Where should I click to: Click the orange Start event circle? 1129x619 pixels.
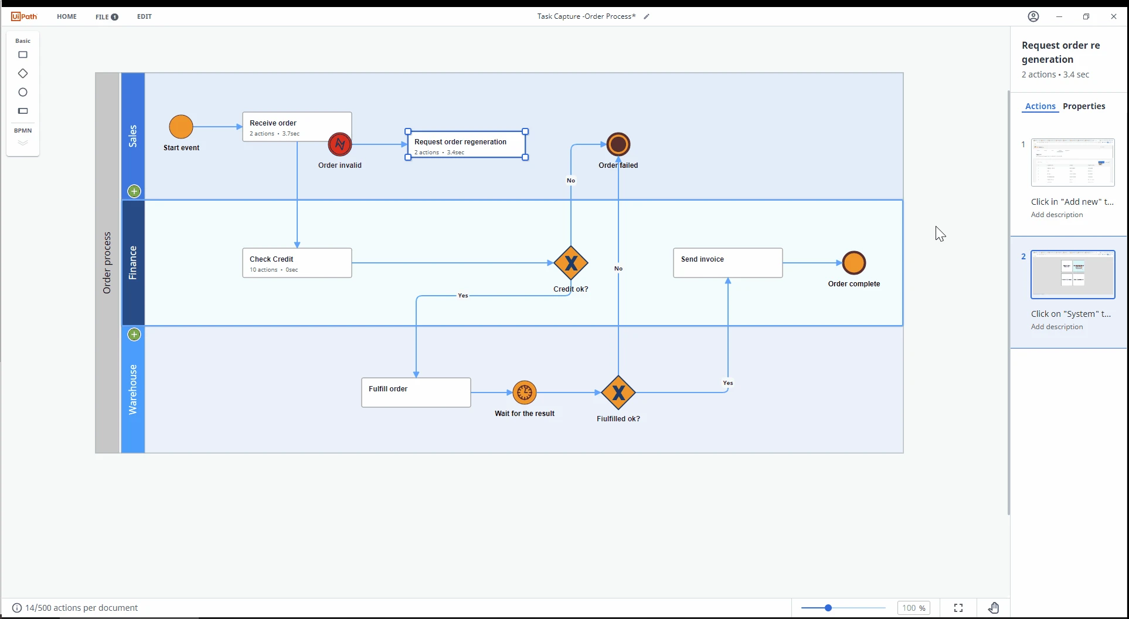tap(181, 127)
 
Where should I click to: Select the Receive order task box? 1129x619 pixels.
tap(297, 127)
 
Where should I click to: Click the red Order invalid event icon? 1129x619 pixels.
tap(340, 144)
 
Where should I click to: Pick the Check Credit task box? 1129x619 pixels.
tap(297, 263)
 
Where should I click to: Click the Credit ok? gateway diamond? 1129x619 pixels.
tap(571, 263)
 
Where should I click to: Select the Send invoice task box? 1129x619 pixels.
tap(728, 263)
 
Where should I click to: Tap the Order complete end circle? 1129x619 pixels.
tap(854, 263)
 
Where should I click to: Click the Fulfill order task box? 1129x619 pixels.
tap(416, 393)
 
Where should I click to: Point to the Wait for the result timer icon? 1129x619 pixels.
tap(525, 393)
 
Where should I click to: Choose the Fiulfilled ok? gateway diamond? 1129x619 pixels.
tap(618, 393)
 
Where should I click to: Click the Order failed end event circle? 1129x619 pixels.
tap(618, 144)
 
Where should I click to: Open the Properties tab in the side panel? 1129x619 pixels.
tap(1084, 106)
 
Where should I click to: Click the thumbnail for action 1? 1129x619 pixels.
tap(1073, 163)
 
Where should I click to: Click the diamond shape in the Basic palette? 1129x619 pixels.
tap(23, 73)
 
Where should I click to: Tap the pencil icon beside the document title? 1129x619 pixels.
tap(647, 16)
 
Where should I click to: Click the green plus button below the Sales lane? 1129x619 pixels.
tap(134, 191)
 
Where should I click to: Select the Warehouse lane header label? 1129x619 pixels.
tap(133, 390)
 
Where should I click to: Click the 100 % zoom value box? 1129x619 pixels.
tap(914, 608)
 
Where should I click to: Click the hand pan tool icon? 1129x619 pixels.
tap(994, 608)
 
